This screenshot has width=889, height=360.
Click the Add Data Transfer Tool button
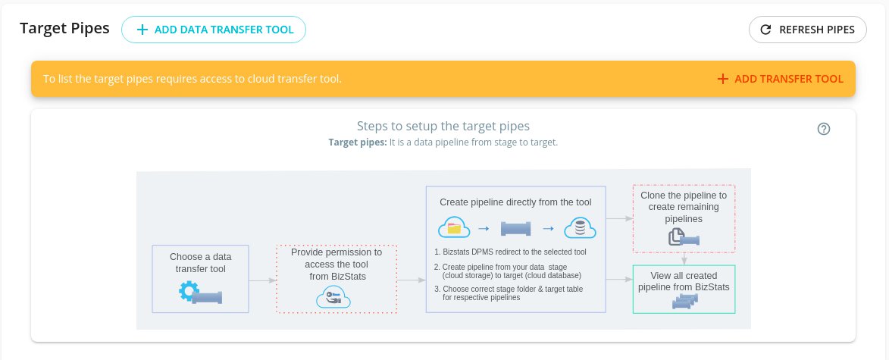click(214, 30)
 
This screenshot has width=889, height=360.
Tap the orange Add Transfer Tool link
click(780, 79)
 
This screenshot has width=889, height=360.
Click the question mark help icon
click(824, 129)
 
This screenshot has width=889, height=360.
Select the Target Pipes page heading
click(64, 28)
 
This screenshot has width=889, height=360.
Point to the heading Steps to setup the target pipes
click(443, 126)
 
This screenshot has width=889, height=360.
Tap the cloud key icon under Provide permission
click(333, 297)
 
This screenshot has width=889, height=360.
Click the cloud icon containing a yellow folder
click(454, 228)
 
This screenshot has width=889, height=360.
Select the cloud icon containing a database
click(580, 228)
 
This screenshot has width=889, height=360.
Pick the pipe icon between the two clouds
click(515, 228)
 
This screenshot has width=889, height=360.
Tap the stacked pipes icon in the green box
click(684, 302)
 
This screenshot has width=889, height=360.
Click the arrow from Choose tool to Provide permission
click(262, 280)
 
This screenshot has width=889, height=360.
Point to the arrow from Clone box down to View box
click(684, 258)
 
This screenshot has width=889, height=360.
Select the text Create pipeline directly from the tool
click(515, 202)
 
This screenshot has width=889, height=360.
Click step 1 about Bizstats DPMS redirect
click(510, 252)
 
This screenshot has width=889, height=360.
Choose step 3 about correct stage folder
click(509, 293)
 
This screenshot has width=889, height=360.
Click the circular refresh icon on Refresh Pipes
click(765, 30)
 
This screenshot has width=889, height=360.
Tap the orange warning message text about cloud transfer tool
click(193, 79)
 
